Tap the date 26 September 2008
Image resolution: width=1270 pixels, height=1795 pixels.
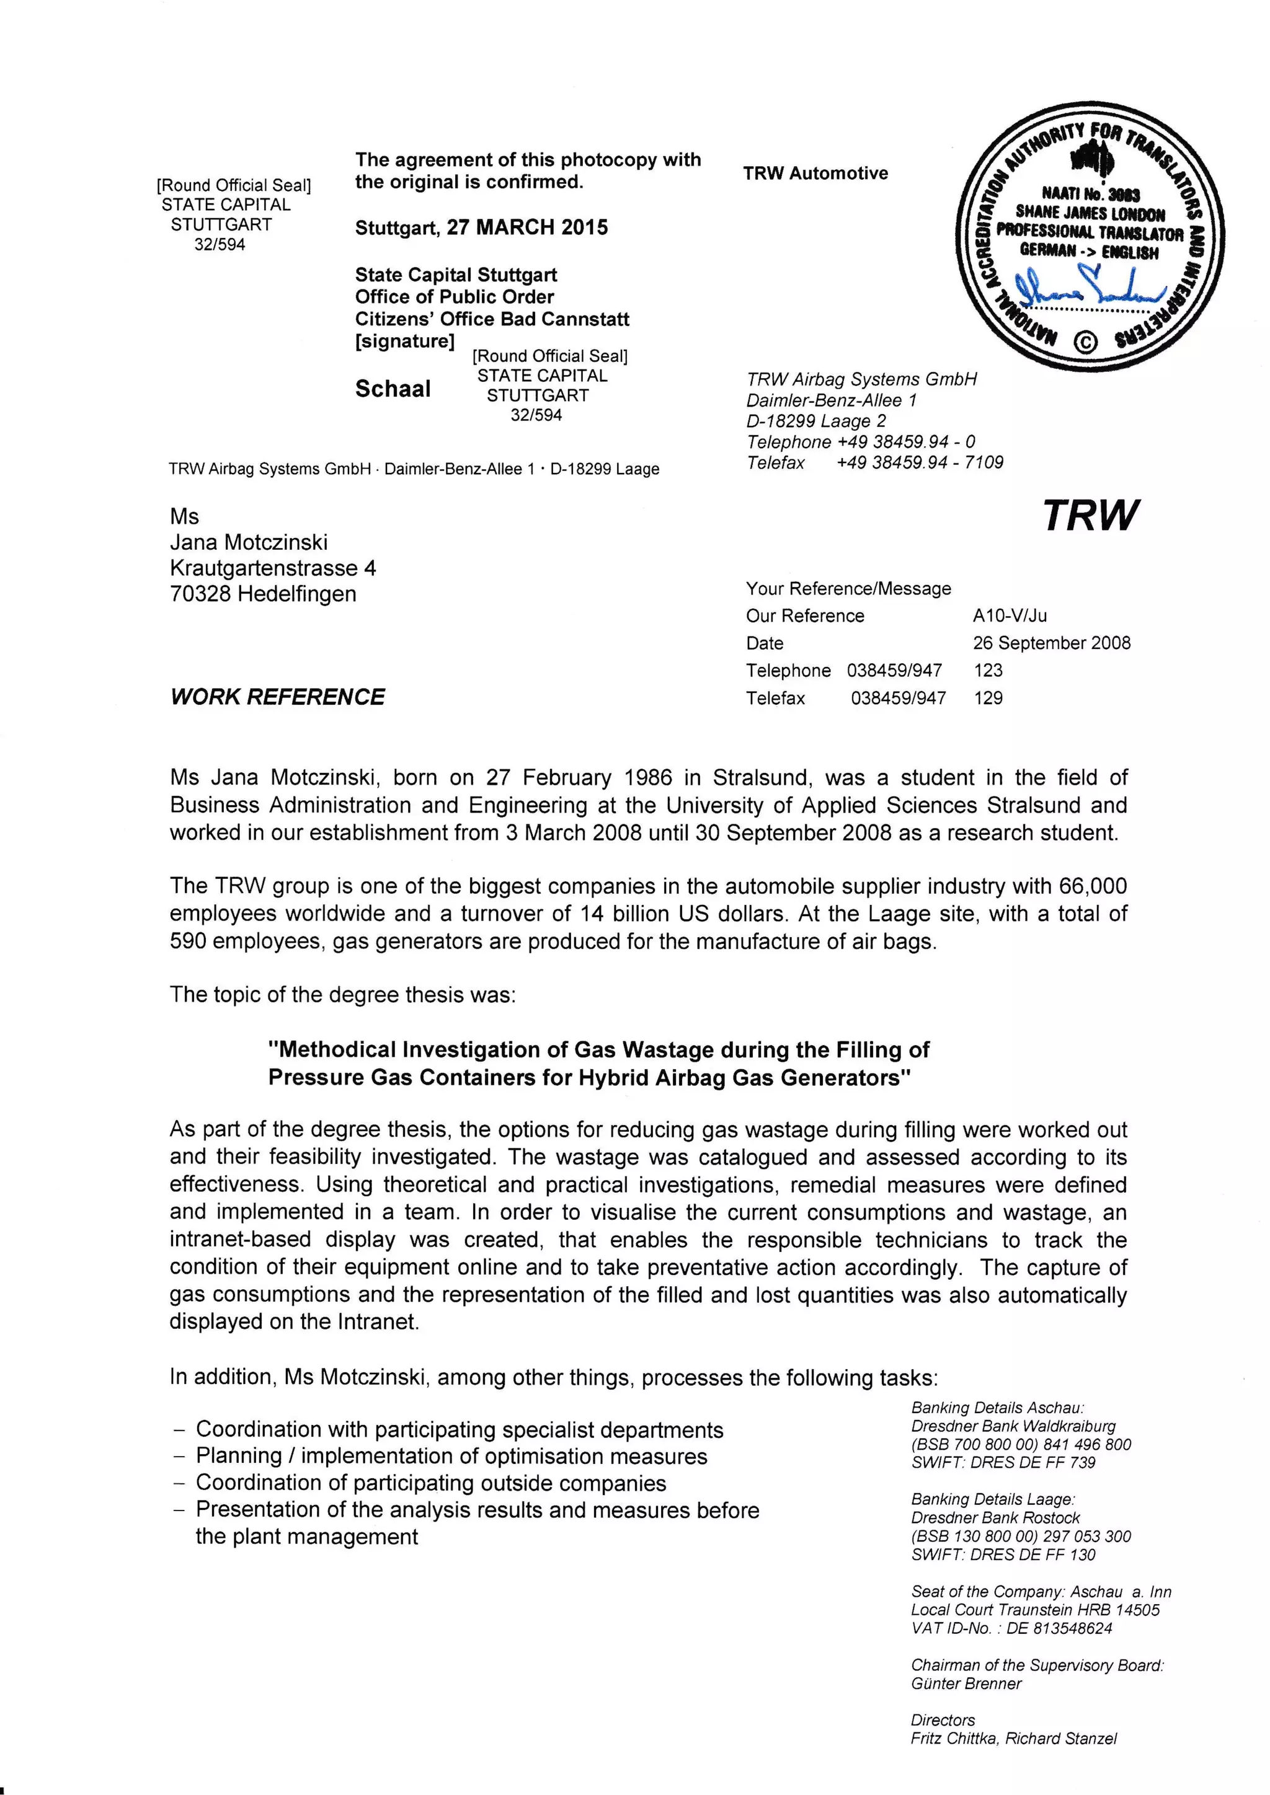(x=1051, y=643)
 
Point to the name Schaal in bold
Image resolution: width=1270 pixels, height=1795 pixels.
(x=393, y=389)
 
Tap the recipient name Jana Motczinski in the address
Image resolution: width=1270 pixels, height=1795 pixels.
(x=249, y=542)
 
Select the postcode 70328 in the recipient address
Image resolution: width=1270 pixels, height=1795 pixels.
(x=200, y=594)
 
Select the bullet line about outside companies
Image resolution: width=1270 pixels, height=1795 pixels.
(x=431, y=1483)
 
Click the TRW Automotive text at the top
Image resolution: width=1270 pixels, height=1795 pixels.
(x=815, y=174)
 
